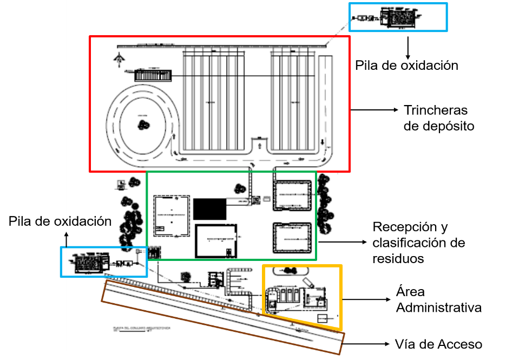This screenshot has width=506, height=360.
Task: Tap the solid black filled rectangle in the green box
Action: click(210, 208)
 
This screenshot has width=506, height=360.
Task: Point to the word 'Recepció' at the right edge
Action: click(400, 226)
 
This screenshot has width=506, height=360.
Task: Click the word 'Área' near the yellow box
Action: click(410, 292)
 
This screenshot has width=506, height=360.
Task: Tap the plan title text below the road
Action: click(130, 329)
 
